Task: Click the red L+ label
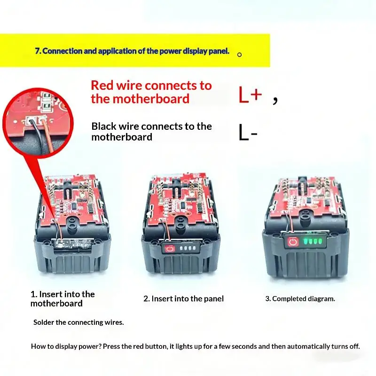pyautogui.click(x=250, y=94)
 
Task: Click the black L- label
pyautogui.click(x=248, y=132)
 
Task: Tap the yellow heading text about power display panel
pyautogui.click(x=132, y=51)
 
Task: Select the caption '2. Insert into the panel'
pyautogui.click(x=183, y=298)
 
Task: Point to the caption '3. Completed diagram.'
pyautogui.click(x=300, y=299)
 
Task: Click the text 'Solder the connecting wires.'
pyautogui.click(x=78, y=322)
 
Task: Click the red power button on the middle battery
pyautogui.click(x=170, y=249)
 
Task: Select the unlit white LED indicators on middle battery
pyautogui.click(x=188, y=248)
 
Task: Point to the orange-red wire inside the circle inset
pyautogui.click(x=47, y=135)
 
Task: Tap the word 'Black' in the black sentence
pyautogui.click(x=103, y=126)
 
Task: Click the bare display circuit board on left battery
pyautogui.click(x=72, y=244)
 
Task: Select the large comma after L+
pyautogui.click(x=275, y=100)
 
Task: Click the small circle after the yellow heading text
pyautogui.click(x=239, y=55)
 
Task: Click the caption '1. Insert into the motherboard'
pyautogui.click(x=63, y=299)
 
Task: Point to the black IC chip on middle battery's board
pyautogui.click(x=183, y=205)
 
